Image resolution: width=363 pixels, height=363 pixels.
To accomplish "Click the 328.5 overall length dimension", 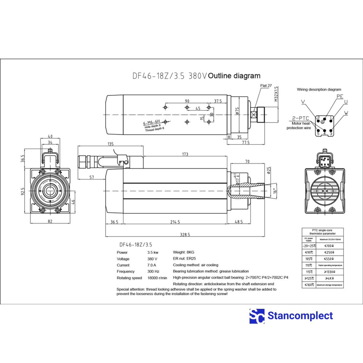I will pyautogui.click(x=185, y=234).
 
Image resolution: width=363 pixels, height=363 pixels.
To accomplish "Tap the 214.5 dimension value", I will pyautogui.click(x=175, y=222).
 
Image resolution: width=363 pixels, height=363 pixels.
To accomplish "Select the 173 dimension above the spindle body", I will pyautogui.click(x=185, y=154).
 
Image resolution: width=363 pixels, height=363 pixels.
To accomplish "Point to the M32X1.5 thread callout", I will pyautogui.click(x=276, y=93).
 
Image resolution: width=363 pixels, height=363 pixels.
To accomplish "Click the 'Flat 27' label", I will pyautogui.click(x=266, y=86).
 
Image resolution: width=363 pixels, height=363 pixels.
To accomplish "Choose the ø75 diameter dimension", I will pyautogui.click(x=237, y=111).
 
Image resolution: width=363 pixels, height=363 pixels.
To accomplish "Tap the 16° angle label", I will pyautogui.click(x=275, y=191).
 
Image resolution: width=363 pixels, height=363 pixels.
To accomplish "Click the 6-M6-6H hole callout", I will pyautogui.click(x=151, y=123).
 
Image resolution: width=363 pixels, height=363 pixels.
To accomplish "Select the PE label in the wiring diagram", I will pyautogui.click(x=340, y=96).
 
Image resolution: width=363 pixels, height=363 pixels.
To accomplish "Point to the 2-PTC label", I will pyautogui.click(x=300, y=118).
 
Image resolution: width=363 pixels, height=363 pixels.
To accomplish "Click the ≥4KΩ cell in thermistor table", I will pyautogui.click(x=329, y=278).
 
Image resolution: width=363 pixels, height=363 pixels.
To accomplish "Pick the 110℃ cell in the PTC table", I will pyautogui.click(x=309, y=265).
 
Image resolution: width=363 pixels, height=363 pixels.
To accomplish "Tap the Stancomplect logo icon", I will pyautogui.click(x=257, y=316).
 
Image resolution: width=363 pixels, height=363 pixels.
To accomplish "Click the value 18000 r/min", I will pyautogui.click(x=157, y=278).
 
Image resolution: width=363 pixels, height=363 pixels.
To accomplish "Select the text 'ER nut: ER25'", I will pyautogui.click(x=184, y=259).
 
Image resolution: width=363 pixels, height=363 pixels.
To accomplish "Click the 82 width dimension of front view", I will pyautogui.click(x=50, y=221).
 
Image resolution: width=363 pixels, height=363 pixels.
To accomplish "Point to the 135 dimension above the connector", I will pyautogui.click(x=111, y=144).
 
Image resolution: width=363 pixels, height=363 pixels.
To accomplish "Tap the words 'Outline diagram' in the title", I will pyautogui.click(x=234, y=76).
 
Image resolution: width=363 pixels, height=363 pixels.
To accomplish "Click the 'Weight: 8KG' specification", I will pyautogui.click(x=184, y=252).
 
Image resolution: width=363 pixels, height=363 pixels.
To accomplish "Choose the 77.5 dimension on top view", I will pyautogui.click(x=246, y=142).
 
